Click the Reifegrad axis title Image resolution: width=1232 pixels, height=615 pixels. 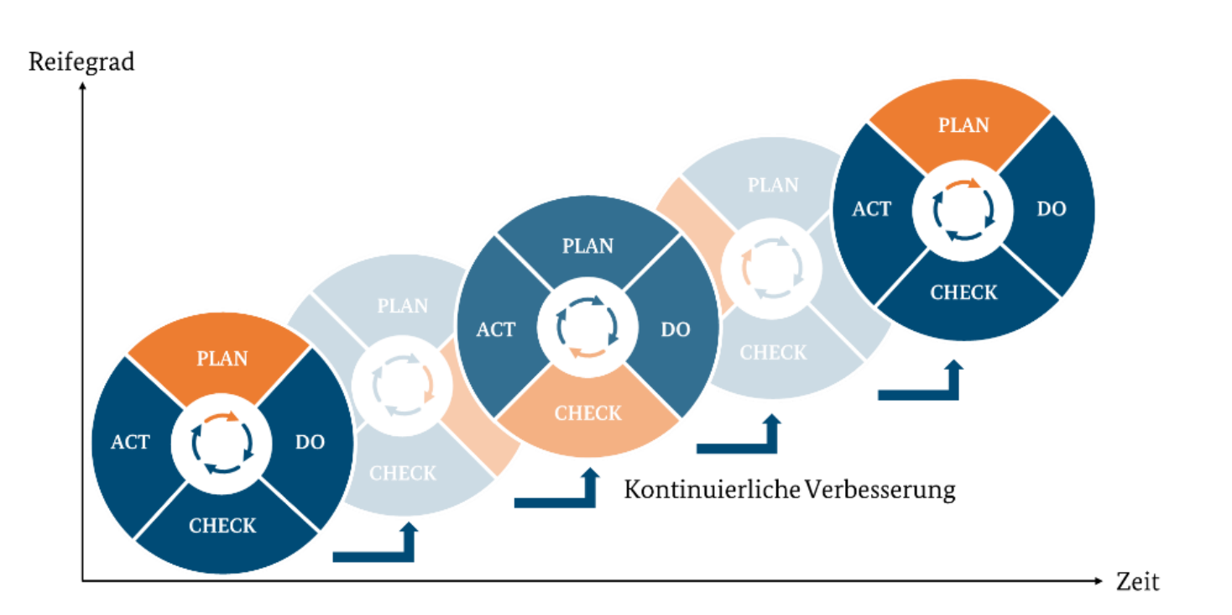click(x=81, y=62)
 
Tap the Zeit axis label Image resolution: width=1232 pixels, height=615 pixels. click(x=1137, y=581)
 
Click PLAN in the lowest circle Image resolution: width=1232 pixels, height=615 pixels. click(x=222, y=359)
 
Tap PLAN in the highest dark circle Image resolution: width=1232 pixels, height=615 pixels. click(x=963, y=125)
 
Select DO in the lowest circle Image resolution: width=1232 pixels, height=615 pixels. click(x=310, y=442)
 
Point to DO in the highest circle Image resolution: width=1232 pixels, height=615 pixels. click(x=1052, y=208)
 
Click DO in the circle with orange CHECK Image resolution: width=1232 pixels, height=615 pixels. click(x=676, y=329)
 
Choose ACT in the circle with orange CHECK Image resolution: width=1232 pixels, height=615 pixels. click(x=496, y=329)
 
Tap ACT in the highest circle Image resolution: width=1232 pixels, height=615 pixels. click(x=871, y=208)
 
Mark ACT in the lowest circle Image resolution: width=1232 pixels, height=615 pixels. click(x=130, y=442)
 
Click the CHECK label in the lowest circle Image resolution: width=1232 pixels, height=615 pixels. click(x=222, y=526)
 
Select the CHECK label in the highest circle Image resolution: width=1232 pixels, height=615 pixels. click(x=963, y=293)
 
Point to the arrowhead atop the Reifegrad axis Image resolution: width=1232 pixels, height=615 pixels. click(x=82, y=87)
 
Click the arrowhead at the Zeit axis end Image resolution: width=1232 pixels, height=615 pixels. click(x=1099, y=580)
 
